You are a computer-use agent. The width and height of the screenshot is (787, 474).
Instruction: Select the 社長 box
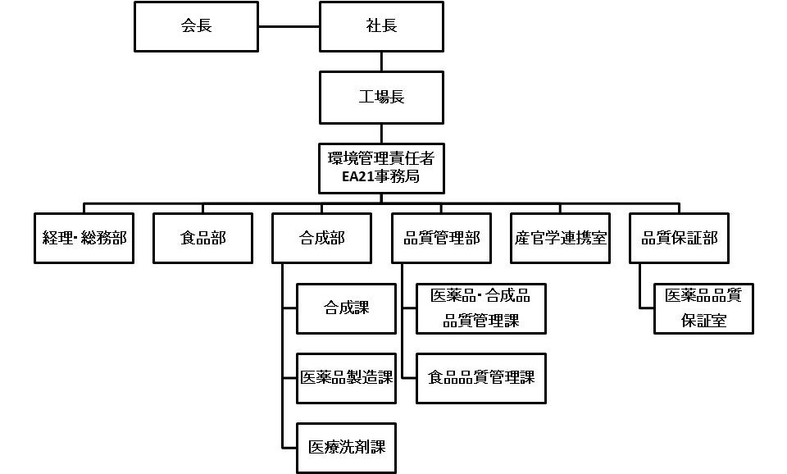pyautogui.click(x=381, y=25)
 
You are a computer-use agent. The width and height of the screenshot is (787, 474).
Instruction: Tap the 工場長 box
pyautogui.click(x=381, y=98)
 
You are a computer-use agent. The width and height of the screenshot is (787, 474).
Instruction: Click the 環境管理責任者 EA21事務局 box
pyautogui.click(x=381, y=167)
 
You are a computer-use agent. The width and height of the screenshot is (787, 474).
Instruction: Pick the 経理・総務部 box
pyautogui.click(x=84, y=238)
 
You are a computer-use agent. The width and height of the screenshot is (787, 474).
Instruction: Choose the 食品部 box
pyautogui.click(x=202, y=238)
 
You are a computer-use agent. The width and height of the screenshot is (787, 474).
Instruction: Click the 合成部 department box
pyautogui.click(x=321, y=238)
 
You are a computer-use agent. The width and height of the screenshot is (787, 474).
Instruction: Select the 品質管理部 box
pyautogui.click(x=441, y=238)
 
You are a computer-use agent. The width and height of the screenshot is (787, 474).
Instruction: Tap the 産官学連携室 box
pyautogui.click(x=561, y=238)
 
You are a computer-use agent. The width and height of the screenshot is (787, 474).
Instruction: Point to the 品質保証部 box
pyautogui.click(x=680, y=238)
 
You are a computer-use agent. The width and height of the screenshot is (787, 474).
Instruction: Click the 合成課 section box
pyautogui.click(x=346, y=308)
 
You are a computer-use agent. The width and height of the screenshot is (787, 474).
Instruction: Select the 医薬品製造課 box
pyautogui.click(x=346, y=378)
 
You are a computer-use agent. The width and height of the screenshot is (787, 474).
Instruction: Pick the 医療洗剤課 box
pyautogui.click(x=346, y=448)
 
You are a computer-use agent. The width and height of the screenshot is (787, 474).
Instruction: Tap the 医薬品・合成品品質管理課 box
pyautogui.click(x=481, y=308)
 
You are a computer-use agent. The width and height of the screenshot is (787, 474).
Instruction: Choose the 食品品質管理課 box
pyautogui.click(x=481, y=378)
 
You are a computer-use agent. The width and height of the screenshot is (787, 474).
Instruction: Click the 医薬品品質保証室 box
pyautogui.click(x=703, y=308)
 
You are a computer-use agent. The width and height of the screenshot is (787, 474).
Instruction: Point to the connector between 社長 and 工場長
pyautogui.click(x=381, y=62)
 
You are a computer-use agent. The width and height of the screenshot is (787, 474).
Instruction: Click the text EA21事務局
pyautogui.click(x=381, y=176)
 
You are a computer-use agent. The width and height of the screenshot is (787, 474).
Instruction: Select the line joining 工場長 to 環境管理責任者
pyautogui.click(x=381, y=132)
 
